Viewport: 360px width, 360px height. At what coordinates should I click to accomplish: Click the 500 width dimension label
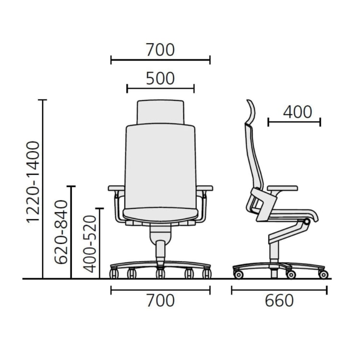[160, 79]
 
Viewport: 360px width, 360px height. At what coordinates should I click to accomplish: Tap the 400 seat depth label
[298, 112]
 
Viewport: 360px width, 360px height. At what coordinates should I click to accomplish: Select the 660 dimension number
[279, 301]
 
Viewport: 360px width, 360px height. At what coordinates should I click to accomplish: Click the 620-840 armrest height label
[61, 232]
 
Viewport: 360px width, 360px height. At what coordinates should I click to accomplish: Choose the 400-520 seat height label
[90, 244]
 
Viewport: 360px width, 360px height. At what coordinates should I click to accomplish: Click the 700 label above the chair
[160, 50]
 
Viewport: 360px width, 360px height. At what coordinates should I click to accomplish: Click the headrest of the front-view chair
[160, 112]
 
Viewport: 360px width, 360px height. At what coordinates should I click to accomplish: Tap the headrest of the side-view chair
[252, 111]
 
